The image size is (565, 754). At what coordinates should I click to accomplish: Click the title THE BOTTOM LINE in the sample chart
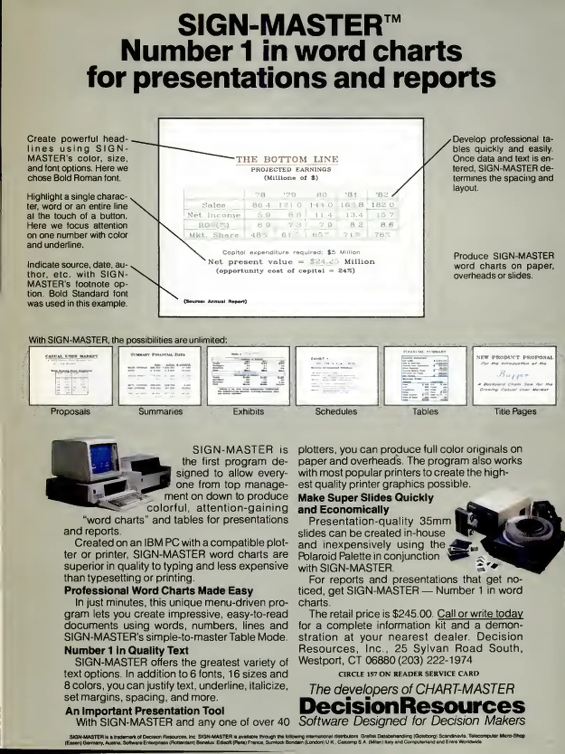point(287,160)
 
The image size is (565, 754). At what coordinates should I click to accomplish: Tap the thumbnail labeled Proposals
point(71,376)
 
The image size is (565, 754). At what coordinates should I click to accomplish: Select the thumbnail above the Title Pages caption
point(514,376)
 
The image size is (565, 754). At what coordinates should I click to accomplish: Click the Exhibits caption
point(248,412)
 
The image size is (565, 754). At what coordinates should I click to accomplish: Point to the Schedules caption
point(336,412)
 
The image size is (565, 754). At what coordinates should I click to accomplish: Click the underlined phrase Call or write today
point(480,614)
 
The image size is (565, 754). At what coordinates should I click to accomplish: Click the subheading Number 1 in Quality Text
point(126,650)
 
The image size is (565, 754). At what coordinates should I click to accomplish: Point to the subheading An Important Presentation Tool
point(145,711)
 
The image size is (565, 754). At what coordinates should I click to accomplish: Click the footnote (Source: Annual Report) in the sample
point(215,301)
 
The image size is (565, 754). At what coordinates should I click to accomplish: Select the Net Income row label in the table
point(214,215)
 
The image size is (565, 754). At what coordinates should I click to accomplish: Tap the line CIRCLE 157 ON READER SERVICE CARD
point(408,674)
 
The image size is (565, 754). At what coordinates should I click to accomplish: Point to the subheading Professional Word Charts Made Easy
point(159,591)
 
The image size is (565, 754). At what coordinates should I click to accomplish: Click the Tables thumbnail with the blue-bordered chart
point(425,376)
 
